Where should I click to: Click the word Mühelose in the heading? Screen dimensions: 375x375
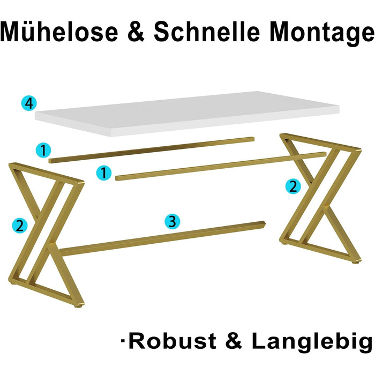[x=59, y=32]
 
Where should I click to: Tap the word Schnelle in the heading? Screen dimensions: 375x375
[x=207, y=32]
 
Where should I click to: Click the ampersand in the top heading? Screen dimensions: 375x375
[x=136, y=32]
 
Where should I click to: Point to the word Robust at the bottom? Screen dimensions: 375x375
[x=172, y=341]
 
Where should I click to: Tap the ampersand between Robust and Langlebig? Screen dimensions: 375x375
[x=234, y=341]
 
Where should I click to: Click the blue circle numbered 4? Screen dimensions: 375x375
[x=29, y=103]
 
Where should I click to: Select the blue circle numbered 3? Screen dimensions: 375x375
[x=172, y=221]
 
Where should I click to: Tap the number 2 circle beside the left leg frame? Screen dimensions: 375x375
[x=20, y=226]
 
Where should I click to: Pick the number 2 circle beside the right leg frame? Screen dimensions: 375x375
[x=293, y=186]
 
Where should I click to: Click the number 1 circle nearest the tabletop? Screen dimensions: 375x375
[x=43, y=150]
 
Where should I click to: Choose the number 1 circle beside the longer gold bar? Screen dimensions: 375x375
[x=104, y=172]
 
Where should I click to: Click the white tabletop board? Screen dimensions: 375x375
[x=187, y=114]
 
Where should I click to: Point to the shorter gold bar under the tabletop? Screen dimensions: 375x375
[x=152, y=150]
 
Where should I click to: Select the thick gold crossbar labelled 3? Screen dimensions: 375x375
[x=162, y=238]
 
